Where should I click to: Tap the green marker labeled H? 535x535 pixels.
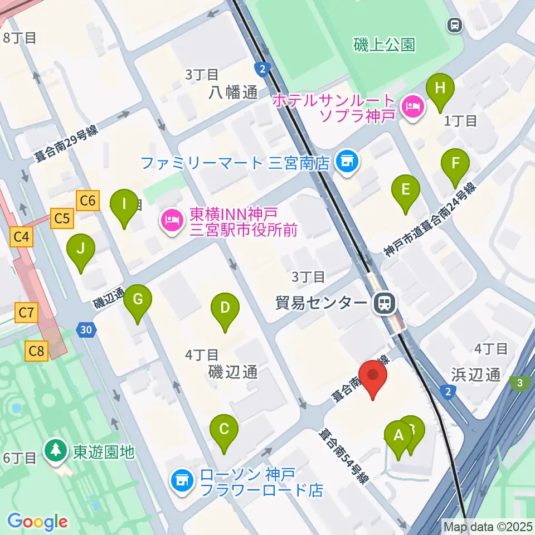[440, 90]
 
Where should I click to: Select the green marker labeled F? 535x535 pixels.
[455, 165]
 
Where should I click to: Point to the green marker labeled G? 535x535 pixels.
[138, 301]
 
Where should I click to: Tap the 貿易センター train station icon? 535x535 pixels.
[384, 303]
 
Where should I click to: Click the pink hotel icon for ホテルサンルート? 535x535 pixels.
[413, 104]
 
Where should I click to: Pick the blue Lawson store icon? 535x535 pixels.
[181, 479]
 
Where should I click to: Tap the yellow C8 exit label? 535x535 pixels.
[37, 351]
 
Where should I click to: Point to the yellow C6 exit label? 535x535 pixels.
[88, 200]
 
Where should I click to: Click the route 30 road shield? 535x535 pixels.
[85, 330]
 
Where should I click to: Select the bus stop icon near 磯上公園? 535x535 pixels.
[455, 24]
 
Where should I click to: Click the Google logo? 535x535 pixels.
[37, 522]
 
